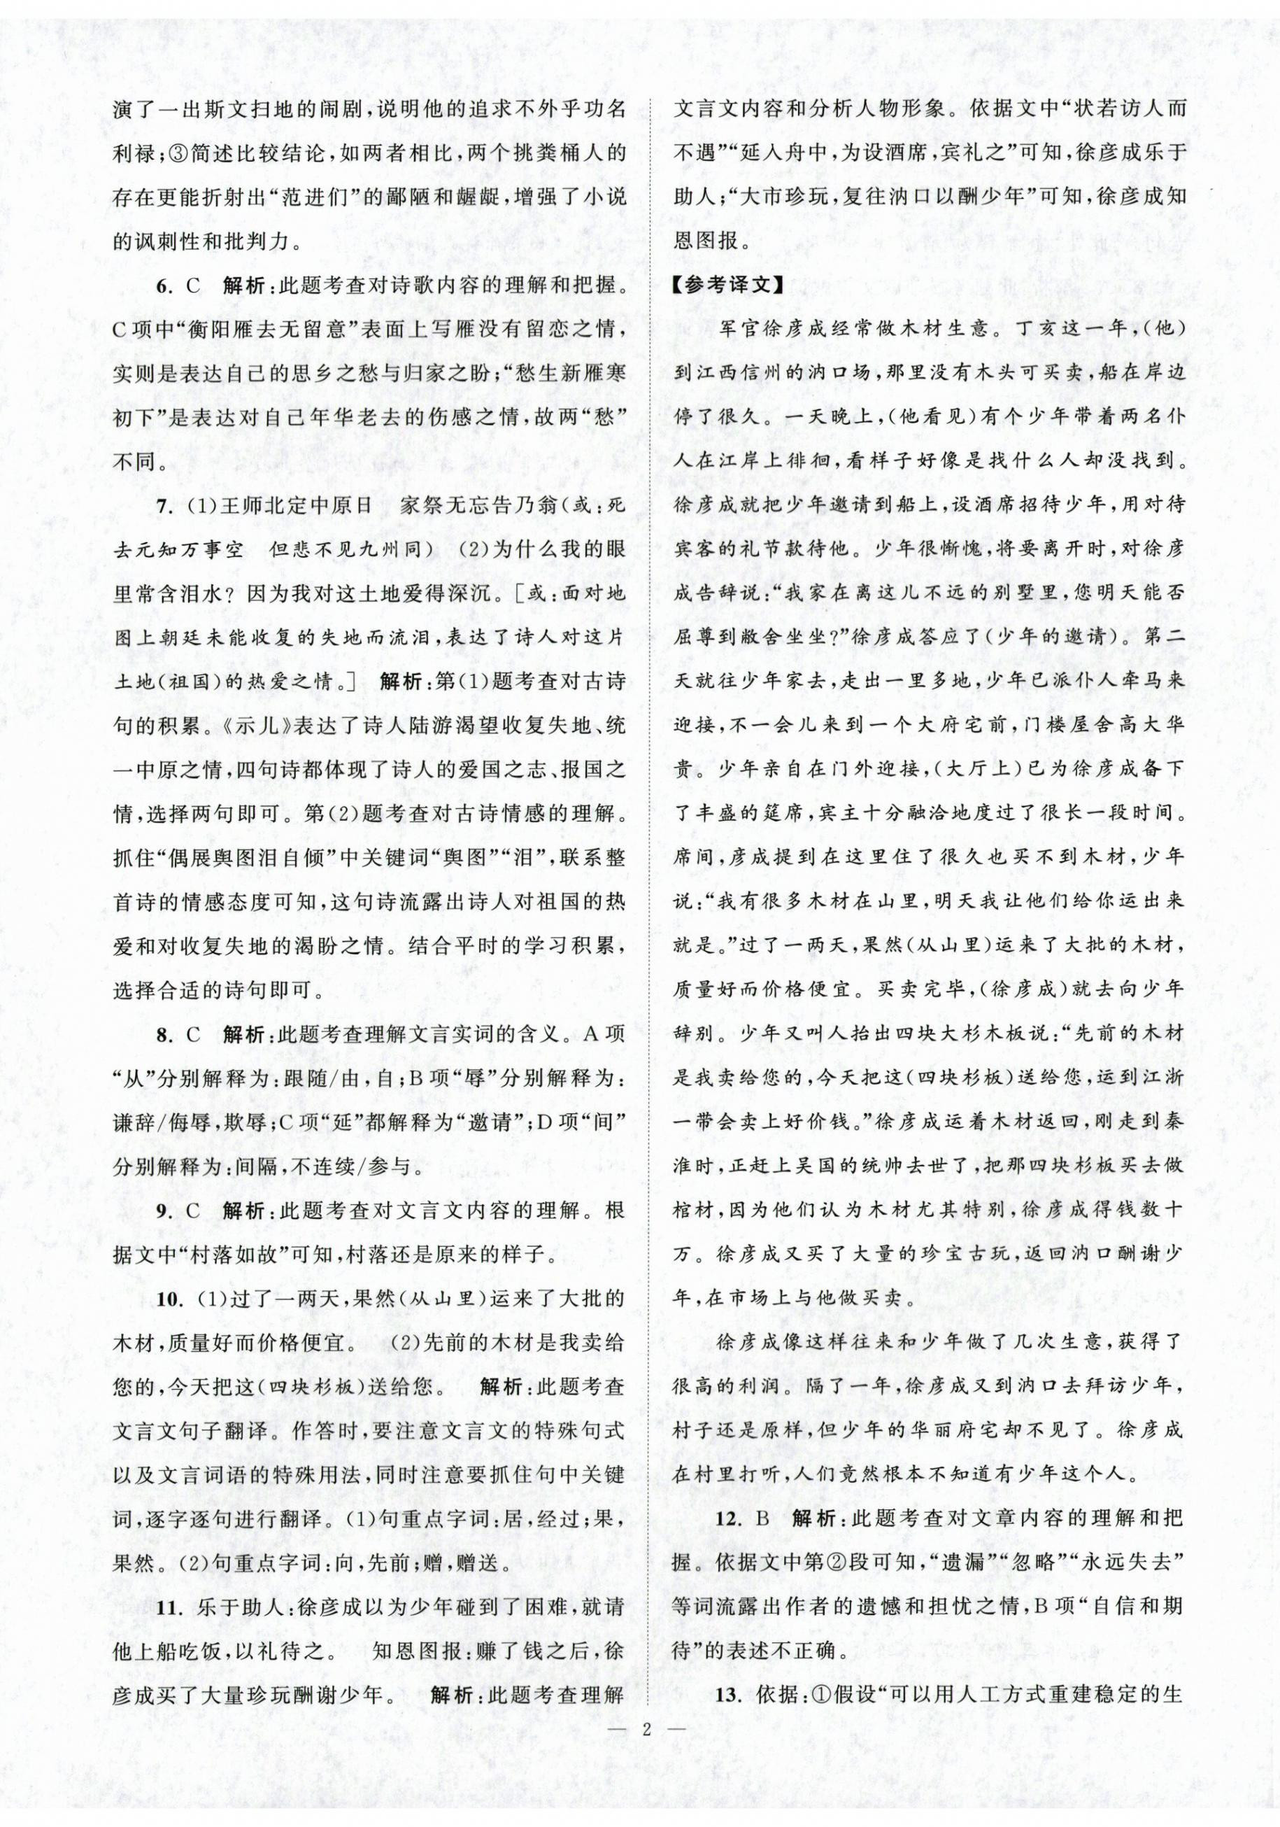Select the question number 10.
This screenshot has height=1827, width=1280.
tap(166, 1298)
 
